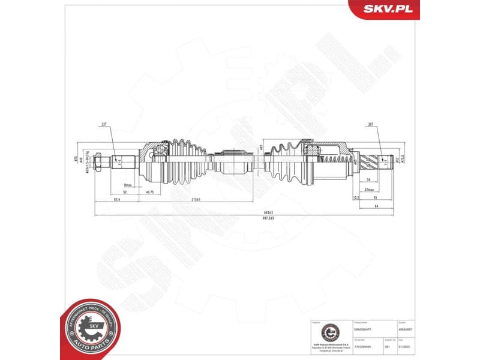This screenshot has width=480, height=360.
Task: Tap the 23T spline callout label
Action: [x=105, y=125]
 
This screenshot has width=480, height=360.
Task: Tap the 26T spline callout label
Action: [x=370, y=125]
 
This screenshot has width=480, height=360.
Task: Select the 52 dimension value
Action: [x=124, y=192]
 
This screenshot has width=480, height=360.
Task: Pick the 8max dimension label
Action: [x=127, y=185]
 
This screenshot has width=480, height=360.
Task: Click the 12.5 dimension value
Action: [x=355, y=197]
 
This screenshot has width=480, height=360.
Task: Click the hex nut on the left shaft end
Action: [x=98, y=161]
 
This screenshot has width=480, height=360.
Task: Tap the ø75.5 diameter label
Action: [x=403, y=160]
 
